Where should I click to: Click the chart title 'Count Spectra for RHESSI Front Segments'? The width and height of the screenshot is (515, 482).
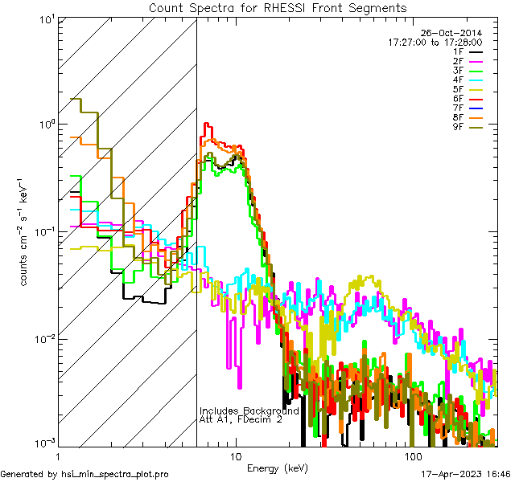click(278, 8)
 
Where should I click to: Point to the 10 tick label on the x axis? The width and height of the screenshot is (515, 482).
click(235, 456)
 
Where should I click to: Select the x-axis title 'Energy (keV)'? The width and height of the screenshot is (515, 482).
click(277, 468)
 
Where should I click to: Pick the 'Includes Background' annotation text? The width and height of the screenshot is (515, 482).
click(249, 411)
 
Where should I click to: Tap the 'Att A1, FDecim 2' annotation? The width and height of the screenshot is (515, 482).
click(241, 419)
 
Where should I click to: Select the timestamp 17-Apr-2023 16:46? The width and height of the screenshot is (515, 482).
click(464, 474)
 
